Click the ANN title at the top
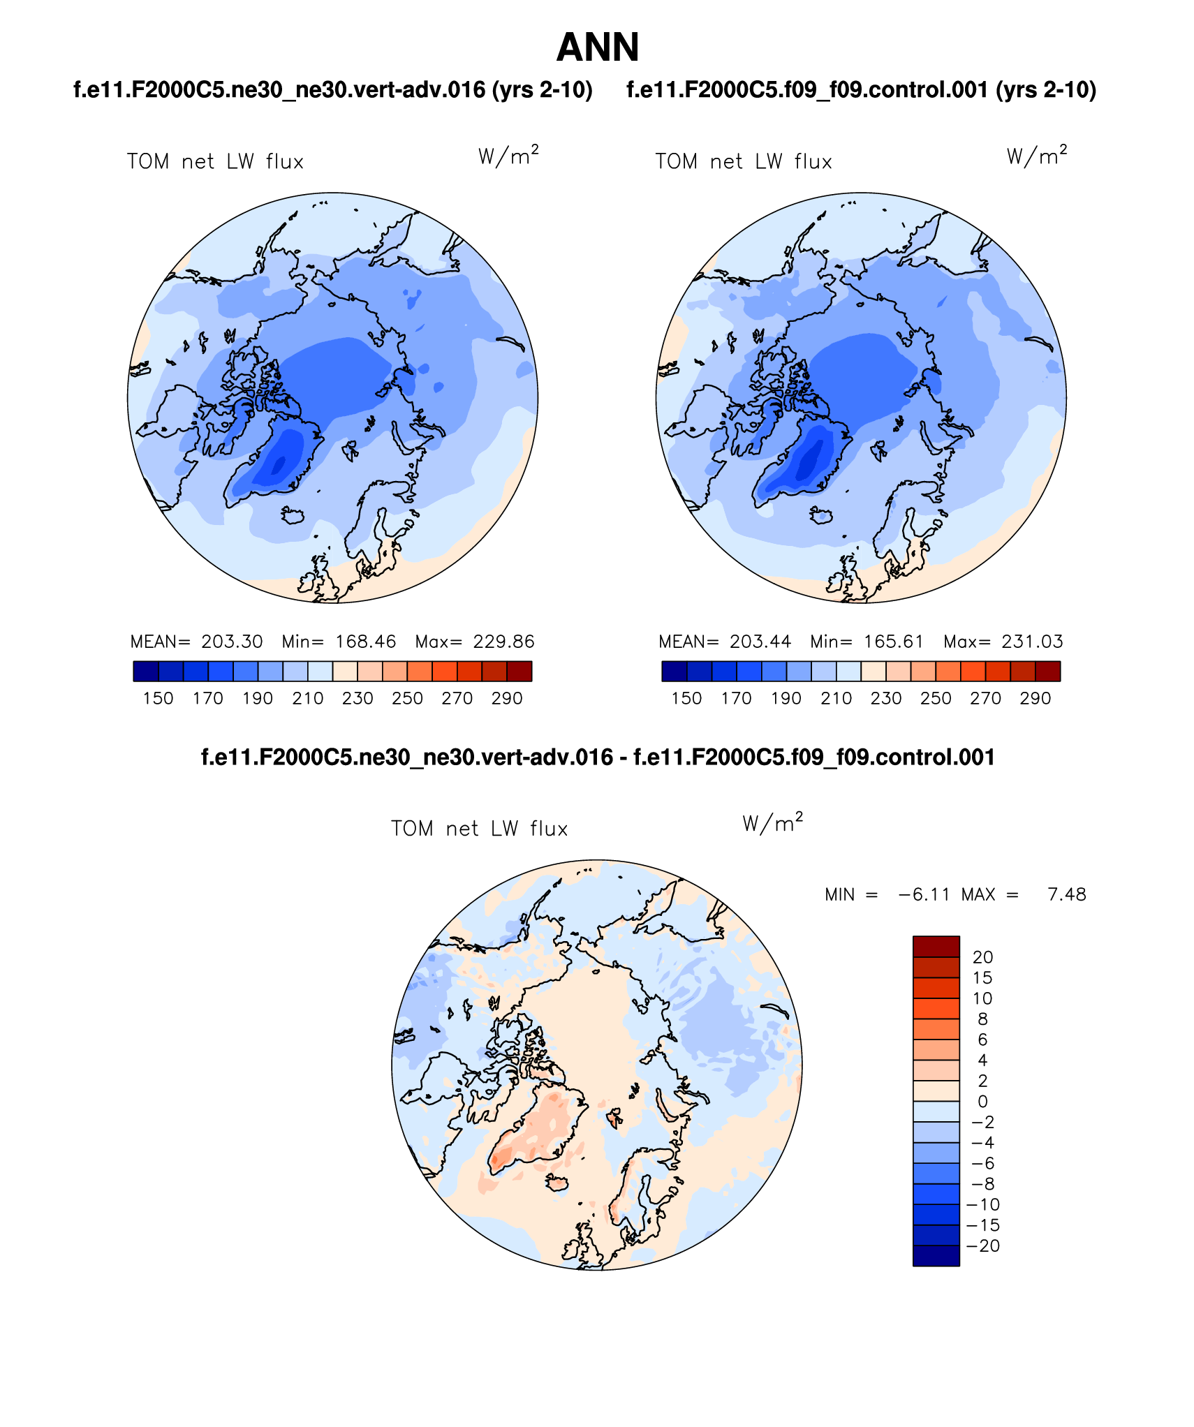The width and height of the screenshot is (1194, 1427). tap(597, 47)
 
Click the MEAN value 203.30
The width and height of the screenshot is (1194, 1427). tap(232, 642)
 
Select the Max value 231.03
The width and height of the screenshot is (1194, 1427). tap(1032, 642)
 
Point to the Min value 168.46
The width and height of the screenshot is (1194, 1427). tap(365, 642)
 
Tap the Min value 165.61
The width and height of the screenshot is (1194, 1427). tap(893, 642)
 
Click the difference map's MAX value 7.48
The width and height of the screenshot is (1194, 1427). tap(1066, 894)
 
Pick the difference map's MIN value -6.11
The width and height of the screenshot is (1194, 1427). tap(924, 894)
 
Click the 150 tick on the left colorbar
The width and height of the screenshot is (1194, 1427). tap(158, 698)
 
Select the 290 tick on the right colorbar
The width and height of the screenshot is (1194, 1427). tap(1035, 698)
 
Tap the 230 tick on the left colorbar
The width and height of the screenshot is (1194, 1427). tap(358, 698)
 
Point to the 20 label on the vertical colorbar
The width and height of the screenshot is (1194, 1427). tap(982, 957)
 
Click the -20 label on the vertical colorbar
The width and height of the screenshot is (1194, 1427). tap(983, 1245)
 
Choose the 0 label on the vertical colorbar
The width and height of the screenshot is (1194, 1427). tap(982, 1102)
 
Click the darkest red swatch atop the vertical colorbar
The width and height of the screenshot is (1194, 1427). tap(936, 946)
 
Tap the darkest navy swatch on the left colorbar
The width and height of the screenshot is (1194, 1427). tap(145, 671)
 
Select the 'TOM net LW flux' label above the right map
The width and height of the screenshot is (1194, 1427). tap(743, 162)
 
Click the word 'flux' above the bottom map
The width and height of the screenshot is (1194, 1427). tap(548, 829)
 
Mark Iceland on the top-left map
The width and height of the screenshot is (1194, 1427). tap(293, 515)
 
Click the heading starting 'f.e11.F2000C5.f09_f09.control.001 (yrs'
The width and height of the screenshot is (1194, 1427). tap(861, 90)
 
